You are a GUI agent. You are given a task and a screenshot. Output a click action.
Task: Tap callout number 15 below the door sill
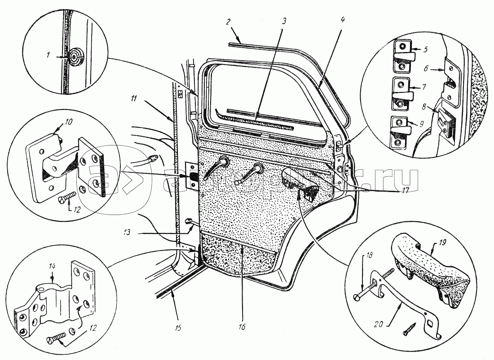click(x=178, y=328)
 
